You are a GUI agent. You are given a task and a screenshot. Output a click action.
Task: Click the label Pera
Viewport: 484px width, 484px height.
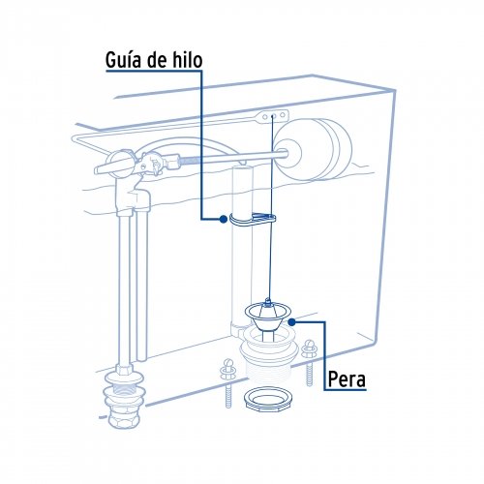(346, 378)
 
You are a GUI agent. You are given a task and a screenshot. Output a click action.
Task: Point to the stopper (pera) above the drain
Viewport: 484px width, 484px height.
(266, 314)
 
